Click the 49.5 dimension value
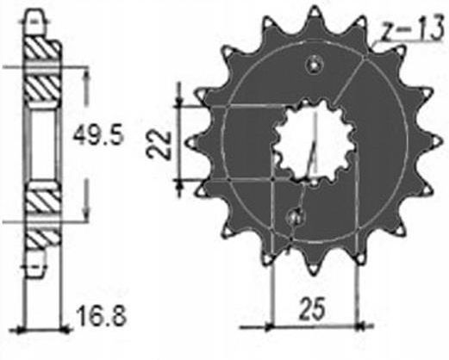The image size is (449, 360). (98, 135)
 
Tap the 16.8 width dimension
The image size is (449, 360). (102, 316)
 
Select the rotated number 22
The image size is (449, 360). (159, 145)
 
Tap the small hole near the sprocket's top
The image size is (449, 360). (315, 65)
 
